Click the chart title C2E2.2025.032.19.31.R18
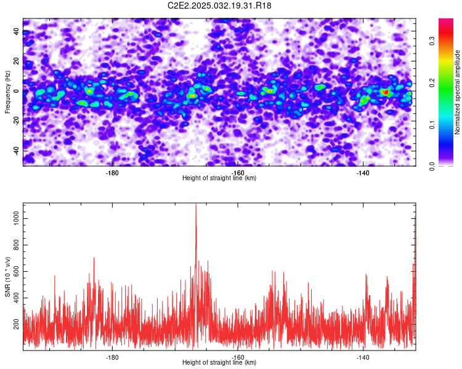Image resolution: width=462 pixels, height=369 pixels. pos(219,6)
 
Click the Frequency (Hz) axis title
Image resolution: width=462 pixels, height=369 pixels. pos(7,92)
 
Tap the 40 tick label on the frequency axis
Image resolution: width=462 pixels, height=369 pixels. pos(16,31)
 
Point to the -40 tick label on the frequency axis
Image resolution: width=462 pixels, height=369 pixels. pos(16,151)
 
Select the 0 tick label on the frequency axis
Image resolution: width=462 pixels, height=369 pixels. pos(16,91)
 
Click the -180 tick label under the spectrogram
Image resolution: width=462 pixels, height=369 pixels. pos(112,173)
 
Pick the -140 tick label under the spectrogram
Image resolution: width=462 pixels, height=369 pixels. pos(363,173)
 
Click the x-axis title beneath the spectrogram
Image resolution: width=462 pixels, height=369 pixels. pos(219,178)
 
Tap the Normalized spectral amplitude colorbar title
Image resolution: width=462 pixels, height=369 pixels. pos(457,92)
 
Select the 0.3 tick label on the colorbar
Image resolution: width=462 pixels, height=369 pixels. pos(432,41)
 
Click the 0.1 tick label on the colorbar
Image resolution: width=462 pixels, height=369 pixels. pos(432,125)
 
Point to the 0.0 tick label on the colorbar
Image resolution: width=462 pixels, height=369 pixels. pos(432,167)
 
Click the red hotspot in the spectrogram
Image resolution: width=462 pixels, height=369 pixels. pos(385,92)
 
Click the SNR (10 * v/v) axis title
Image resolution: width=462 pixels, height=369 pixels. pos(7,277)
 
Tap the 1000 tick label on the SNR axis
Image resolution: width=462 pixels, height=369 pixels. pos(16,219)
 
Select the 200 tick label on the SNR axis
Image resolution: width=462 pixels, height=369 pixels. pos(16,324)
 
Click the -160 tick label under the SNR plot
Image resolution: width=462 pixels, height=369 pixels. pos(238,357)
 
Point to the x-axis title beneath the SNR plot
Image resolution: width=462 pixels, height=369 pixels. pos(219,362)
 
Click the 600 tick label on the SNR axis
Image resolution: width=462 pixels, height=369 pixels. pos(16,272)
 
